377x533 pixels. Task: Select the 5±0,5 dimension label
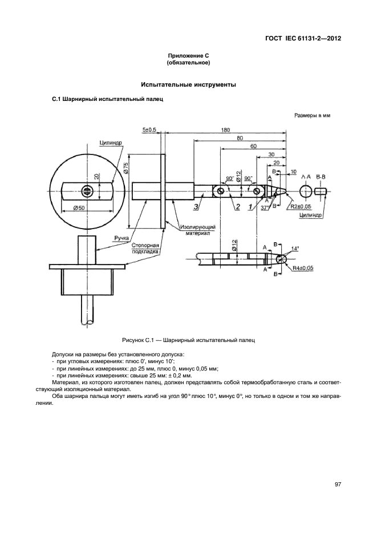(x=149, y=130)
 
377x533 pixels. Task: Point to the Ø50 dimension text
(x=79, y=208)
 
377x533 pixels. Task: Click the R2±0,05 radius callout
(x=301, y=206)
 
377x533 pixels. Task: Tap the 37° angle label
(x=265, y=208)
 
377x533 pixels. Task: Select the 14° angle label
(x=295, y=249)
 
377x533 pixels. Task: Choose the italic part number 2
(x=237, y=206)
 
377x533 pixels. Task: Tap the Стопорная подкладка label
(x=144, y=247)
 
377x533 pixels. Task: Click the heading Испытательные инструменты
(x=188, y=85)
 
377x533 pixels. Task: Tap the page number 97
(x=338, y=485)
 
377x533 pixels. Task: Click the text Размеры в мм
(x=312, y=115)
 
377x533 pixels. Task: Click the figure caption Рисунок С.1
(x=188, y=340)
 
